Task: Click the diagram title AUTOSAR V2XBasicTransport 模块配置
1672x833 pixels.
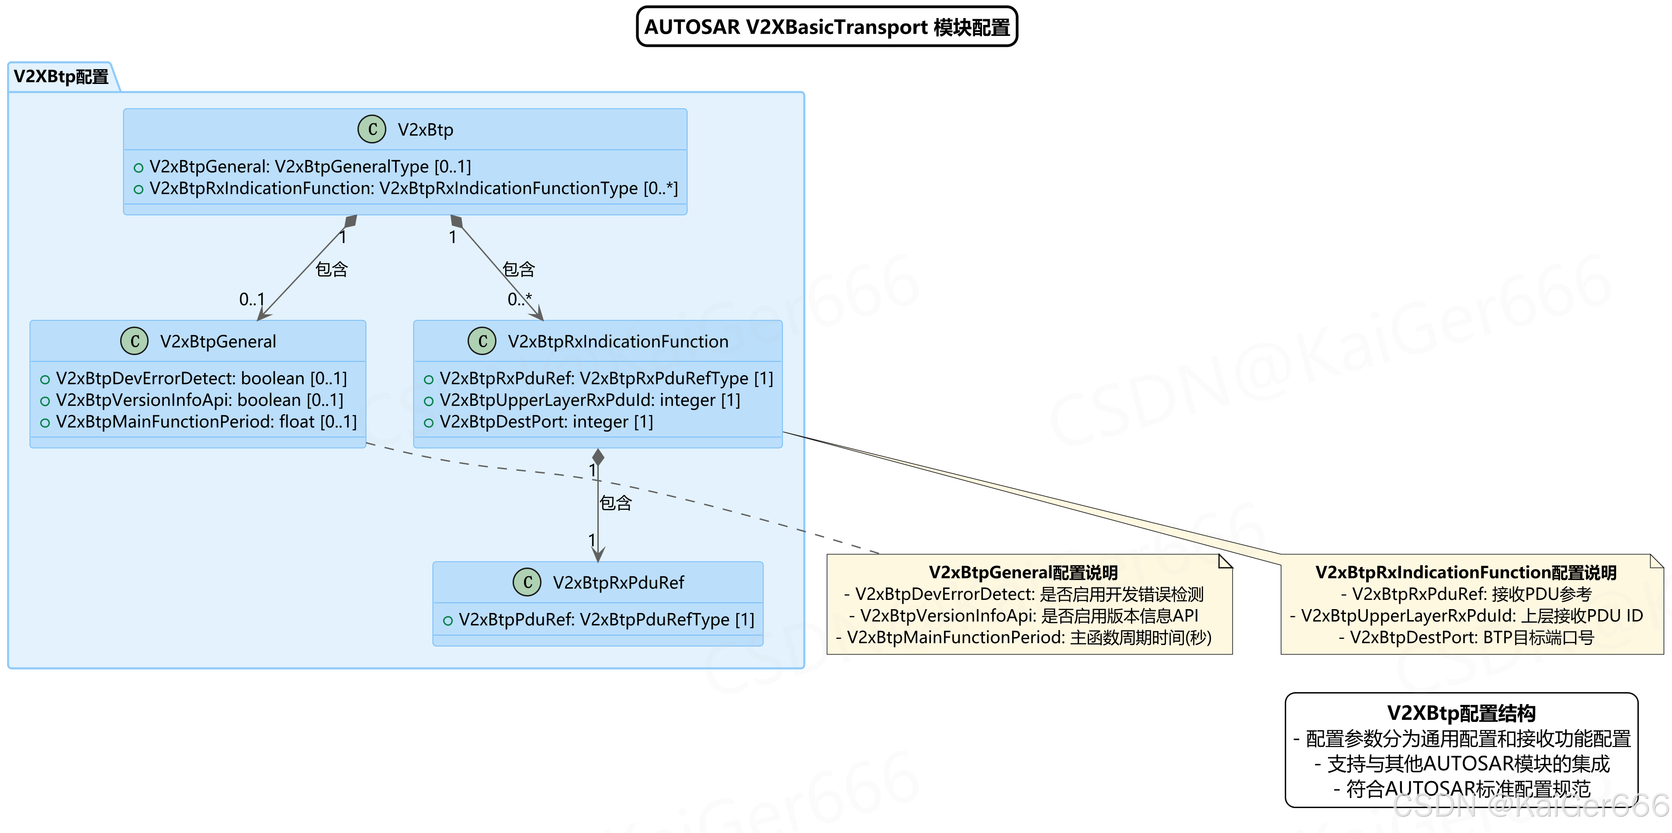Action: pos(826,27)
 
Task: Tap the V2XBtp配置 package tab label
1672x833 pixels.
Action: pos(61,77)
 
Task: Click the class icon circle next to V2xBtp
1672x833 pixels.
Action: pos(372,129)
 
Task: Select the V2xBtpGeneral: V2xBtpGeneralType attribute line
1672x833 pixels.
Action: pos(309,167)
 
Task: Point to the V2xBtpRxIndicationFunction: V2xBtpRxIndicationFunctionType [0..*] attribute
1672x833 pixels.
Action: pos(413,188)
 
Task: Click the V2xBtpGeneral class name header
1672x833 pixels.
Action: pos(218,342)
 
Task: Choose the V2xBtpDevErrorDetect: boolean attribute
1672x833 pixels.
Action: pos(201,379)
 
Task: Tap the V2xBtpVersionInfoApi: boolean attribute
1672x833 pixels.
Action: pos(198,400)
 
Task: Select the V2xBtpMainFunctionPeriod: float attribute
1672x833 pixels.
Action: pos(206,422)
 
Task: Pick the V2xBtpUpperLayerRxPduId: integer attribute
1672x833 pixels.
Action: pos(590,400)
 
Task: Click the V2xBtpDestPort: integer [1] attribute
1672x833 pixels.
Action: pos(546,422)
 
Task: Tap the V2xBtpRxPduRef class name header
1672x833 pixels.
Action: pos(618,582)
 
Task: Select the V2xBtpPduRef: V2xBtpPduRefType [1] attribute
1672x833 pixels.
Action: pos(606,620)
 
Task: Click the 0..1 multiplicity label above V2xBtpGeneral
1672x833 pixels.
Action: pos(252,299)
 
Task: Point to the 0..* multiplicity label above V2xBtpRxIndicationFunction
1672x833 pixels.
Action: pos(519,299)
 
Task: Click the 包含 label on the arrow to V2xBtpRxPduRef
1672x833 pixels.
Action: pos(615,502)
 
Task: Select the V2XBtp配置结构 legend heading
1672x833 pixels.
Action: pos(1461,713)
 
